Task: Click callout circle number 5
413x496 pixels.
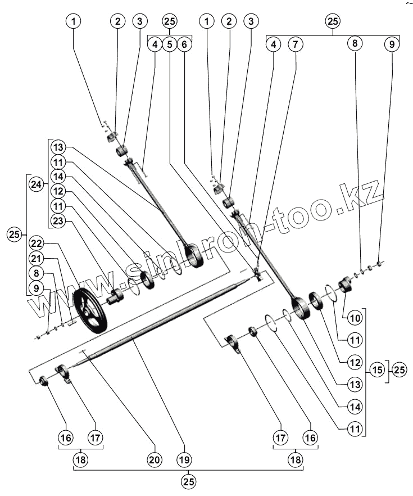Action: point(170,44)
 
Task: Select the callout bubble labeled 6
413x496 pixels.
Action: point(185,44)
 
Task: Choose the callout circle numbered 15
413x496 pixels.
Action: point(376,370)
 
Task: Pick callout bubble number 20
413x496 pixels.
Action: point(154,459)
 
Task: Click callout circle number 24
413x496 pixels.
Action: point(37,184)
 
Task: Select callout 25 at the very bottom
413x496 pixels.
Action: point(189,481)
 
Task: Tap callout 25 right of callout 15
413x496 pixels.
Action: point(399,370)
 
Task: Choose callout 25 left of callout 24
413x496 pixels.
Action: point(15,234)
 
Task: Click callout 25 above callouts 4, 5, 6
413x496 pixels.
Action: point(170,21)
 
